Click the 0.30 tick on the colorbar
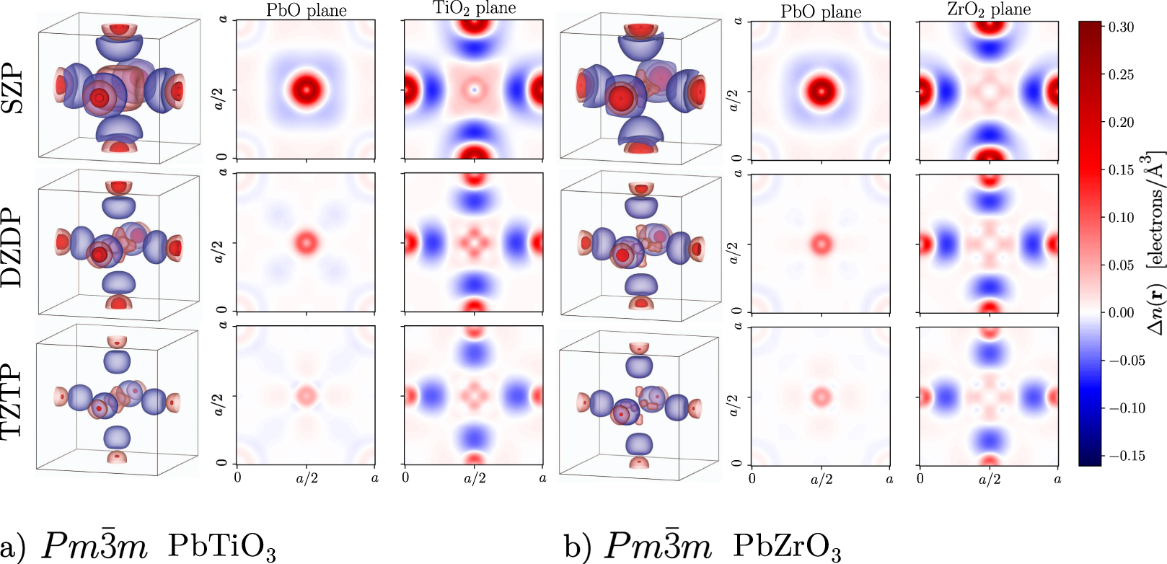(x=1120, y=27)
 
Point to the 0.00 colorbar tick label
(x=1121, y=312)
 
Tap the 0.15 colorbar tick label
(x=1121, y=170)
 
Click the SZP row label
(x=13, y=91)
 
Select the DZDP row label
(x=13, y=250)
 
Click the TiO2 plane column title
(x=474, y=9)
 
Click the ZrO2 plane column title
(x=988, y=9)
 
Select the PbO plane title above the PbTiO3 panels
(x=307, y=10)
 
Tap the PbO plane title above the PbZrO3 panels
(x=821, y=12)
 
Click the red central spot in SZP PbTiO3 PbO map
(x=307, y=90)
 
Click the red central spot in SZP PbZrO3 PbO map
(x=821, y=91)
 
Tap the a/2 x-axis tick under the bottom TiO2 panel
(x=474, y=478)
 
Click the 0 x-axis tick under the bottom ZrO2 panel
(x=920, y=478)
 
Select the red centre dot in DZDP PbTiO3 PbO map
(x=307, y=242)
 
